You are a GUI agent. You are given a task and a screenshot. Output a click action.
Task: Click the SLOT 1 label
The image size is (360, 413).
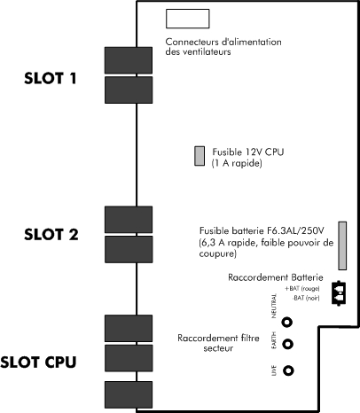tap(51, 78)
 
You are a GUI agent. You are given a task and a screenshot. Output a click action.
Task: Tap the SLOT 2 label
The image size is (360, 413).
tap(51, 234)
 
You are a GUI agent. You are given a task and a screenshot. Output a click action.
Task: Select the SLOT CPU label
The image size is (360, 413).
tap(38, 362)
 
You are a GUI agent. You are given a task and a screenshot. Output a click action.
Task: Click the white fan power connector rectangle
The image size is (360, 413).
tap(188, 19)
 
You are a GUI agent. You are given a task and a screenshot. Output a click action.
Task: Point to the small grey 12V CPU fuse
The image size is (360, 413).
tap(200, 156)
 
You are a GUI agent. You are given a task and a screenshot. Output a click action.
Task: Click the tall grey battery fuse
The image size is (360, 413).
tap(342, 245)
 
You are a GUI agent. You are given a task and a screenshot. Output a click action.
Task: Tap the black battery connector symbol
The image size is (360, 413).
tap(339, 293)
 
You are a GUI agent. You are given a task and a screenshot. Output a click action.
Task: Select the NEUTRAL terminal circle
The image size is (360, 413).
tap(287, 322)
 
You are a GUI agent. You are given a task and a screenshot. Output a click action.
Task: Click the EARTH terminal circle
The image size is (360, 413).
tap(288, 344)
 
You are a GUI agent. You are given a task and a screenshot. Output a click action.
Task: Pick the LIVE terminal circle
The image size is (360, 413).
tap(288, 370)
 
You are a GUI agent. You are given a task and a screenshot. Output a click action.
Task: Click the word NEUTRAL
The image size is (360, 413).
tap(274, 306)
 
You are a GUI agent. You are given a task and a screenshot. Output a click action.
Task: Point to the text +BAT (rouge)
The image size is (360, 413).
tap(302, 289)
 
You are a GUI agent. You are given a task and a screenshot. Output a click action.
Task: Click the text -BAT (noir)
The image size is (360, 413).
tap(306, 298)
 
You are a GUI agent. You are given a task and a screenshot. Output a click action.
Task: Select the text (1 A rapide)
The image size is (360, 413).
tap(237, 163)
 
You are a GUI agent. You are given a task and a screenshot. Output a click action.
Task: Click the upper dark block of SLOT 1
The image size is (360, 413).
tap(129, 60)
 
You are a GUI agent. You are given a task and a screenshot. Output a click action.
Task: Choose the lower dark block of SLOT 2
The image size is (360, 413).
tap(129, 249)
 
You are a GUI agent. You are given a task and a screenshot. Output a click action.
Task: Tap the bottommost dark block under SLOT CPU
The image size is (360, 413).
tap(129, 394)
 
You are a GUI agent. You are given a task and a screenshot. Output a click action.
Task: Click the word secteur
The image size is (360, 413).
tap(218, 348)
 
